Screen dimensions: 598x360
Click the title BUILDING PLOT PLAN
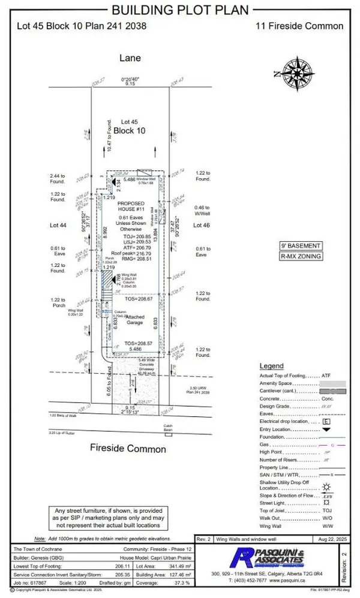click(179, 10)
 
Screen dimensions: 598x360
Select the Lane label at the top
click(130, 58)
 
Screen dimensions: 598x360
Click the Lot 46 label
click(200, 225)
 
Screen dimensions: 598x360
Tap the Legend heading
click(271, 366)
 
